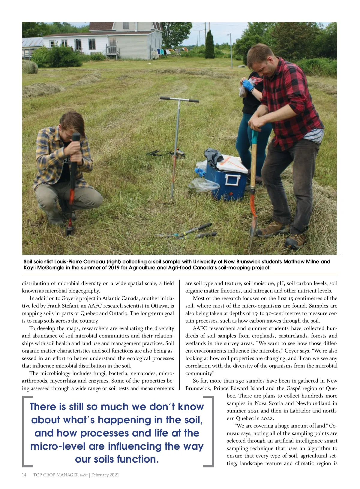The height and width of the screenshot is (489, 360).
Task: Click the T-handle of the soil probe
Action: [179, 99]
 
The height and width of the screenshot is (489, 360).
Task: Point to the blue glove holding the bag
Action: [248, 85]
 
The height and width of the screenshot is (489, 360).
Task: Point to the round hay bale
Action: [30, 67]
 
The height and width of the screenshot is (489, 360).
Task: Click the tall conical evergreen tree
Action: [210, 45]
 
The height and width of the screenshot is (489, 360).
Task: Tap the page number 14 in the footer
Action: [24, 475]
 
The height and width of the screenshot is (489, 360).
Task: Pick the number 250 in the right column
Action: [241, 381]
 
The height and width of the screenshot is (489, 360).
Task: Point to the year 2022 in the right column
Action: [268, 418]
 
